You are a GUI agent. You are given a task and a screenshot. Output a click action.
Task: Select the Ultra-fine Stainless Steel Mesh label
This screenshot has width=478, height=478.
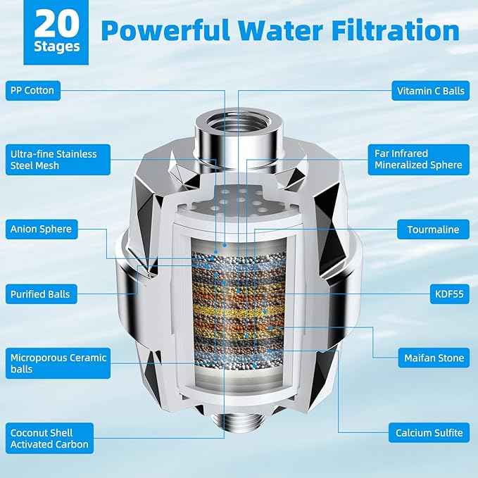click(x=53, y=160)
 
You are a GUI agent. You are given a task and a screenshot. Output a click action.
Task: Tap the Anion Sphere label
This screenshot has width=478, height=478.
click(x=41, y=229)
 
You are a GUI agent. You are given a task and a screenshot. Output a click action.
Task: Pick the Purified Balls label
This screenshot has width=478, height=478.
click(x=40, y=294)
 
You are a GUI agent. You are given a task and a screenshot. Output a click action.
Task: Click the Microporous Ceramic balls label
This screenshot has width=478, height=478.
click(x=58, y=363)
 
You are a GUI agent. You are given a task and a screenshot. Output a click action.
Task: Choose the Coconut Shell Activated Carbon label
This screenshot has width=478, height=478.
click(x=49, y=438)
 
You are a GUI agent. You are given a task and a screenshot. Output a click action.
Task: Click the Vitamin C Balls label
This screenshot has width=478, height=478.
click(x=430, y=91)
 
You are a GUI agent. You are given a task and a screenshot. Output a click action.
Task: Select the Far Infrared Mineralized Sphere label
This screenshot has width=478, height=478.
click(x=417, y=159)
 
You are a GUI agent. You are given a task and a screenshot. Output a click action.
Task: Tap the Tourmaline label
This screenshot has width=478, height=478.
click(x=433, y=229)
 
